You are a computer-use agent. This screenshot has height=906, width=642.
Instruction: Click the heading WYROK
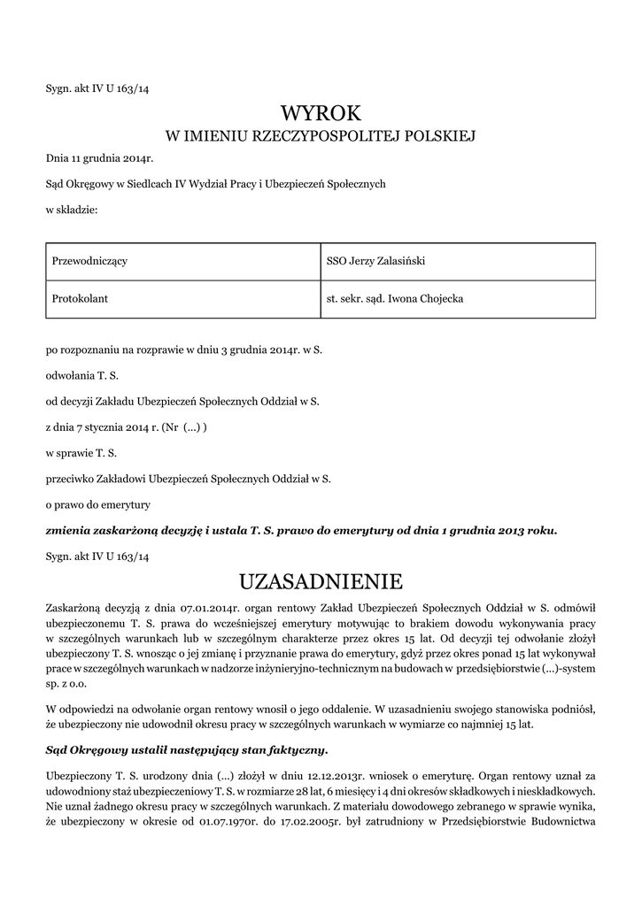click(x=321, y=112)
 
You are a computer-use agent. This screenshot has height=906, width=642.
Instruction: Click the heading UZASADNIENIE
click(x=321, y=581)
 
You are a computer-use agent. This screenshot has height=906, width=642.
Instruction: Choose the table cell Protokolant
click(x=81, y=299)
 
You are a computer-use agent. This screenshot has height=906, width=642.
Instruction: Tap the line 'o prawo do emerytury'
click(x=98, y=505)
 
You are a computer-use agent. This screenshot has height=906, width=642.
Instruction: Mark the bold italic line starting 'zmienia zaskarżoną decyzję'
click(x=301, y=531)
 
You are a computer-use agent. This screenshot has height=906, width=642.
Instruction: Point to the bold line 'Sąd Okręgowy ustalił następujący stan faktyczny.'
click(x=187, y=749)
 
